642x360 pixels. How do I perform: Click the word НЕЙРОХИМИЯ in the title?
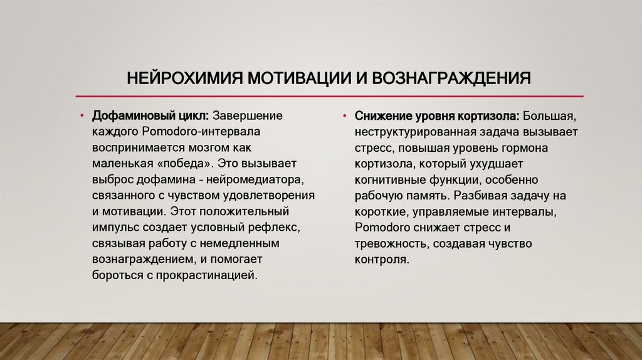[x=182, y=79]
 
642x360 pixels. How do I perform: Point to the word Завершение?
[x=248, y=117]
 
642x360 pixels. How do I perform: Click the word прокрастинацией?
[x=213, y=275]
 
